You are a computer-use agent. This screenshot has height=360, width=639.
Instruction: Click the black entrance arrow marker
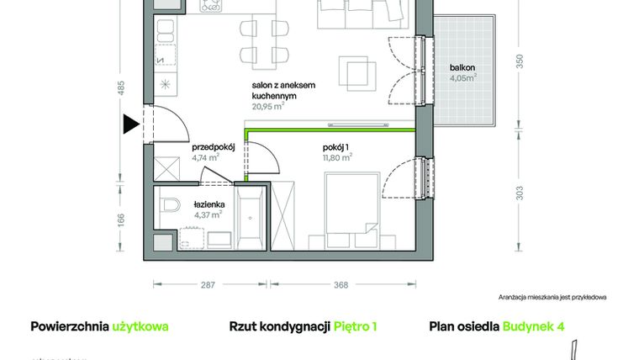pyautogui.click(x=130, y=124)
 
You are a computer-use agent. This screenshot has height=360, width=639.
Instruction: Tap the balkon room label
pyautogui.click(x=462, y=66)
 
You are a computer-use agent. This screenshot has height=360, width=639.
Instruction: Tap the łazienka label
pyautogui.click(x=208, y=204)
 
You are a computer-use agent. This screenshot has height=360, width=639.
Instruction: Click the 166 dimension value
pyautogui.click(x=121, y=220)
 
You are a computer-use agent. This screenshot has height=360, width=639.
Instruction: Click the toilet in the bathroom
pyautogui.click(x=171, y=204)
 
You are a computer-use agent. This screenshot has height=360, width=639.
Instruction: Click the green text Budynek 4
pyautogui.click(x=533, y=326)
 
